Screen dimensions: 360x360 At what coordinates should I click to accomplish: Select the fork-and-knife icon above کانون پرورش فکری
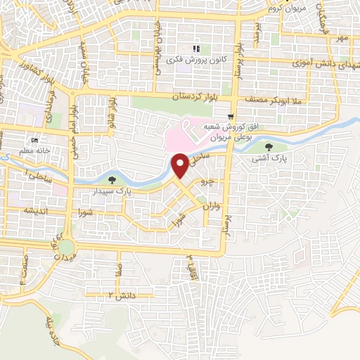[x=198, y=49]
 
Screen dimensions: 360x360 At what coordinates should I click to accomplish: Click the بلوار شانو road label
[x=110, y=112]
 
